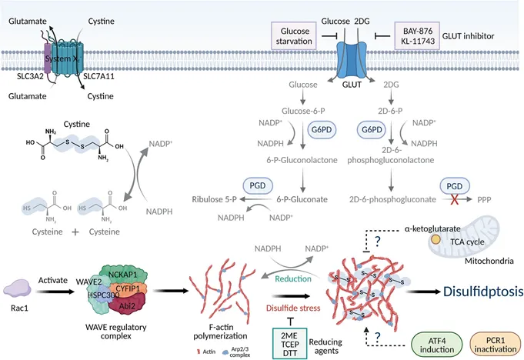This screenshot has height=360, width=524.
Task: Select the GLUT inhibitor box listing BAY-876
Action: click(416, 35)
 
